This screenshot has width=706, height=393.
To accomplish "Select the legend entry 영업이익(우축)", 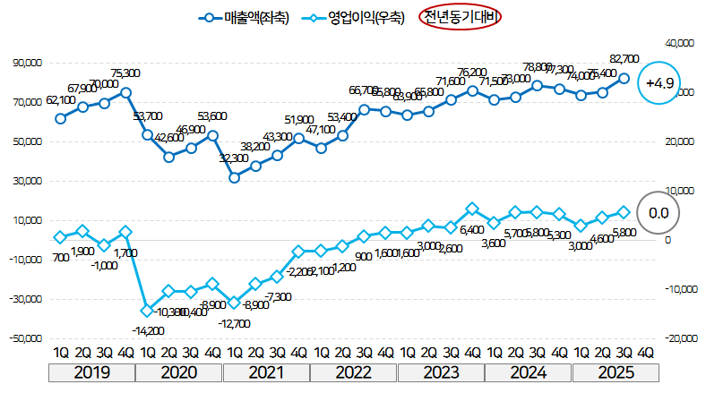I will (x=353, y=17).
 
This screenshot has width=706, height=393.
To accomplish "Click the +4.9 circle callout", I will (x=659, y=84).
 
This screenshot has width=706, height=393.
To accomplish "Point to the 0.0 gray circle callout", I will (x=659, y=213).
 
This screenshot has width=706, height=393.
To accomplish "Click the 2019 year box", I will (x=92, y=372).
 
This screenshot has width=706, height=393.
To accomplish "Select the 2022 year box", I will (x=354, y=372).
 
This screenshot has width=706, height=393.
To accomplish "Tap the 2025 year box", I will (x=616, y=372).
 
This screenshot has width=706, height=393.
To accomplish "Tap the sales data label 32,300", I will (x=234, y=158).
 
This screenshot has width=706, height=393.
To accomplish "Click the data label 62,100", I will (x=59, y=100).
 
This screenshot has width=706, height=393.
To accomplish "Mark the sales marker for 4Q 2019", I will (x=125, y=92).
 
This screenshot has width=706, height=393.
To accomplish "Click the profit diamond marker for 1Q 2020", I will (x=147, y=311).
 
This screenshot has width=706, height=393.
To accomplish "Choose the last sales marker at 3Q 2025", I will (x=624, y=78).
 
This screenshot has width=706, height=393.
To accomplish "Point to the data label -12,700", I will (x=234, y=323).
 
